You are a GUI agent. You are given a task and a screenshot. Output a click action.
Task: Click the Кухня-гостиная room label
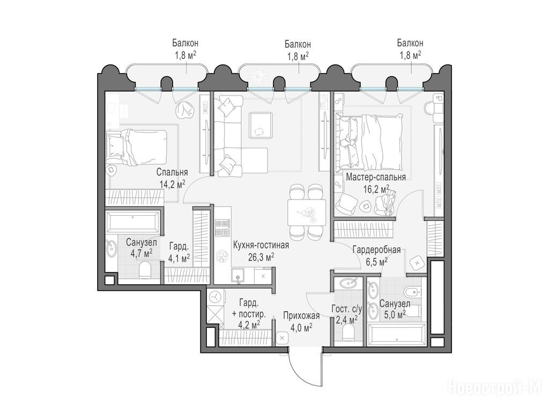[x=261, y=245]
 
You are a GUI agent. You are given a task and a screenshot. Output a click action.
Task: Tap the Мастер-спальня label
[x=376, y=177]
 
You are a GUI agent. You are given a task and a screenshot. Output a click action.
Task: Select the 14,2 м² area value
[x=172, y=184]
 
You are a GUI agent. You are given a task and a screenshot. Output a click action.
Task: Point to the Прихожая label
[x=301, y=315]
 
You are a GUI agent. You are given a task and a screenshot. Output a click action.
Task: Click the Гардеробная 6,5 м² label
[x=376, y=255]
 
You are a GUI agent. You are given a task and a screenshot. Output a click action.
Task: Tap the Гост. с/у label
[x=347, y=309]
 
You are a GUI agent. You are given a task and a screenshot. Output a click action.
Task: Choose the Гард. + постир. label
[x=249, y=307]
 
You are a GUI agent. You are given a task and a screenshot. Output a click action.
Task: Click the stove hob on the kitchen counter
[x=222, y=228]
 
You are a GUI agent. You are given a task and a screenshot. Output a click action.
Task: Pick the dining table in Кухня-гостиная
[x=307, y=212]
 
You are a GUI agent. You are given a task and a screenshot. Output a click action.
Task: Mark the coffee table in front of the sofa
[x=261, y=125]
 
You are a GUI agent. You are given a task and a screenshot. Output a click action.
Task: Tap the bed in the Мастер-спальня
[x=369, y=141]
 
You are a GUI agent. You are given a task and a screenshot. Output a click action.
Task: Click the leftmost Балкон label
[x=185, y=43]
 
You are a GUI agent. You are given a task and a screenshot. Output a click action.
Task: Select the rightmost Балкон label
[x=410, y=43]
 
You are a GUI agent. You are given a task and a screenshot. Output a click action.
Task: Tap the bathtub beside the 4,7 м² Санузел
[x=132, y=221]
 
